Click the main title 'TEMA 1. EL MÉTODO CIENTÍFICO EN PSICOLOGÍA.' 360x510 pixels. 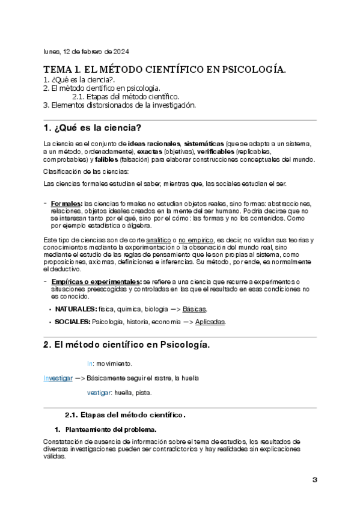[x=165, y=70]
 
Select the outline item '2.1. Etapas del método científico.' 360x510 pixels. [x=125, y=96]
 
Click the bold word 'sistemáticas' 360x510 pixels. [x=204, y=144]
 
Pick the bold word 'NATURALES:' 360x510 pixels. [x=76, y=309]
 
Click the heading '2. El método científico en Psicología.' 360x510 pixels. [x=126, y=345]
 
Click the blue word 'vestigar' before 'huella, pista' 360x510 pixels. [x=99, y=393]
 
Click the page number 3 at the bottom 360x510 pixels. [x=314, y=479]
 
